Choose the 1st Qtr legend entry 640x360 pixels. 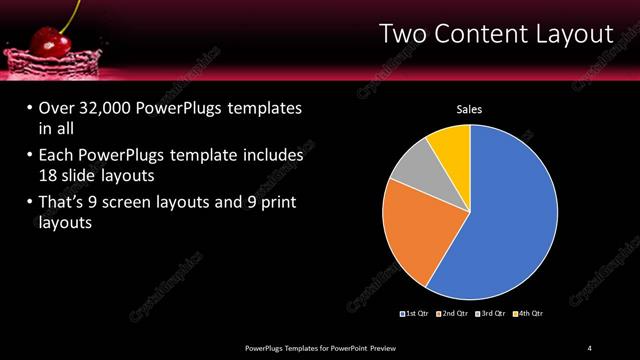click(418, 313)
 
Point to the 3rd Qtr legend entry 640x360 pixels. click(494, 313)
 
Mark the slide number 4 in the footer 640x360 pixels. click(589, 346)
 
